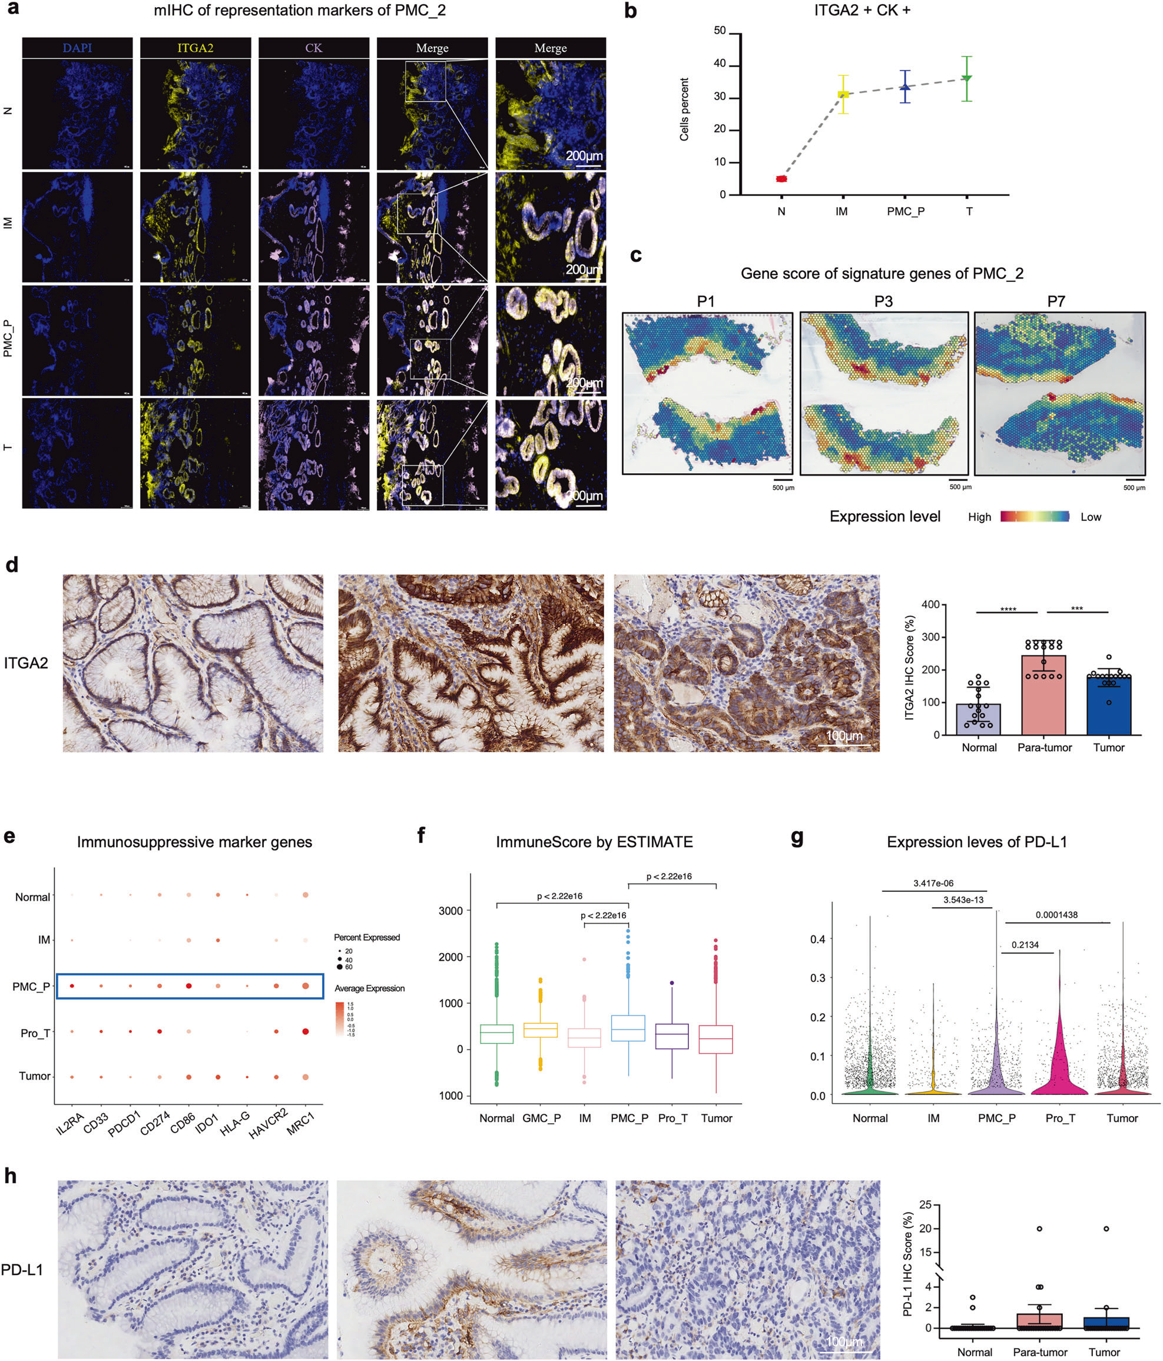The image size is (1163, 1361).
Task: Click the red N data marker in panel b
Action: coord(781,179)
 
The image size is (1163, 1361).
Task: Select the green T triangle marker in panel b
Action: coord(966,78)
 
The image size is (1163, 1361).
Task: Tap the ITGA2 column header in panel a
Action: coord(195,48)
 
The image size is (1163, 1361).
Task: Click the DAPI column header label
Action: coord(77,48)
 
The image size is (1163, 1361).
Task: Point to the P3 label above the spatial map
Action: coord(883,301)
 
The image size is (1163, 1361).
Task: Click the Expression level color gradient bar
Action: coord(1034,516)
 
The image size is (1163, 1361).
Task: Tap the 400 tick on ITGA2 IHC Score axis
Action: coord(930,605)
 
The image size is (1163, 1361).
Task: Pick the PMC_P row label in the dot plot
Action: coord(31,986)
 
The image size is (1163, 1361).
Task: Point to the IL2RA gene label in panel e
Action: coord(69,1124)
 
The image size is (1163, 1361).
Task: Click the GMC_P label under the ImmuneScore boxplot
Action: coord(541,1118)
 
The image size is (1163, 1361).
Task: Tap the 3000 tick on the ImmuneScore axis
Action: coord(450,911)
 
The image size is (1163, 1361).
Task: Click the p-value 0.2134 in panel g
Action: coord(1025,945)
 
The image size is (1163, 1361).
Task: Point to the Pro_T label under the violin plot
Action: coord(1060,1118)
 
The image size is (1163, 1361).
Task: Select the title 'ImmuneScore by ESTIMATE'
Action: coord(594,842)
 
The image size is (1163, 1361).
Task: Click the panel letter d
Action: coord(11,565)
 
